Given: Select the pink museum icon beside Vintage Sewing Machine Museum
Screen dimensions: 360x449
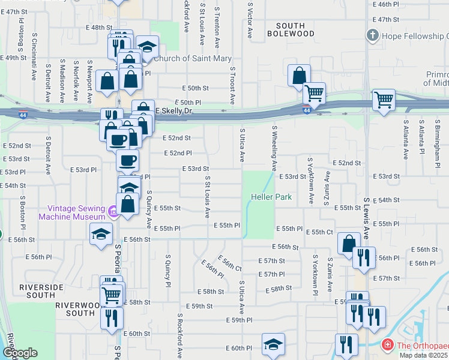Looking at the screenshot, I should click(x=112, y=211).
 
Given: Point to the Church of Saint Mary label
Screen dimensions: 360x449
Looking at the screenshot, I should click(x=192, y=58).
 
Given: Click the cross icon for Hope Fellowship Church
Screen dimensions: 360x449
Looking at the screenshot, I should click(x=373, y=35).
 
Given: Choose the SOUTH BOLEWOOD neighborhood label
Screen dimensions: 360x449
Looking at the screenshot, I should click(x=295, y=29).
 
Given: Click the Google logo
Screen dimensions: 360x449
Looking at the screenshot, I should click(x=20, y=353).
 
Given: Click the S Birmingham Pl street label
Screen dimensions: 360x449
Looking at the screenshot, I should click(x=437, y=138).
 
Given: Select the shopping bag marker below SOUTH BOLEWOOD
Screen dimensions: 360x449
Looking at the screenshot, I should click(x=299, y=76).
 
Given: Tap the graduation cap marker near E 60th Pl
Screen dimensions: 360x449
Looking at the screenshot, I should click(x=273, y=344).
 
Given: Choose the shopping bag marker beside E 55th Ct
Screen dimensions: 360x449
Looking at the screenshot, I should click(x=349, y=243).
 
